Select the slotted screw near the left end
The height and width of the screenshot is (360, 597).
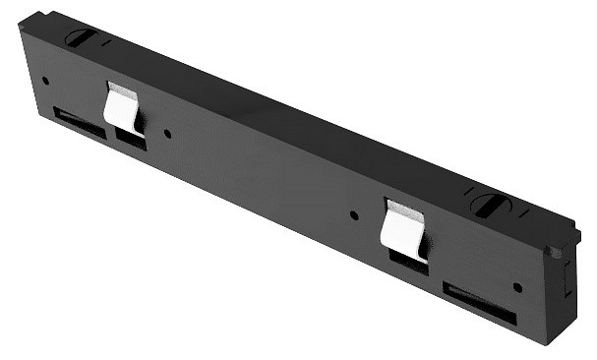[79, 38]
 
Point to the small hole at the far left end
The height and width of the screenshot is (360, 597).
[46, 80]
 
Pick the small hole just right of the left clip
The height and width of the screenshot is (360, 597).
[167, 133]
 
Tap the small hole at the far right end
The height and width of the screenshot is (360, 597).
[517, 287]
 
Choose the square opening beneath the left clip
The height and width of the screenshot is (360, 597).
[130, 139]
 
